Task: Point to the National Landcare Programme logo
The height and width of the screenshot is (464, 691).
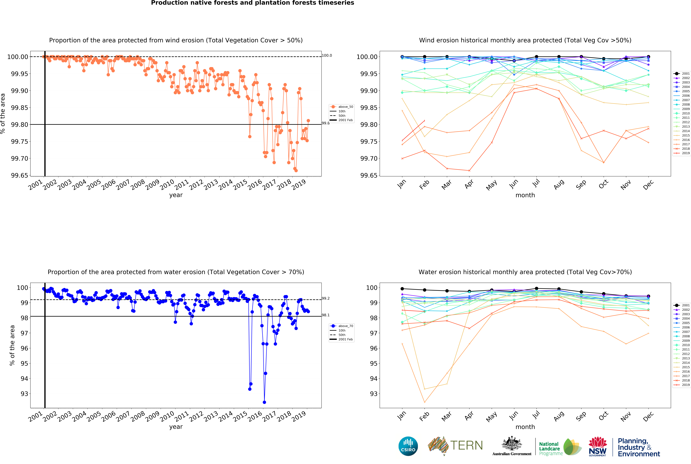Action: coord(560,447)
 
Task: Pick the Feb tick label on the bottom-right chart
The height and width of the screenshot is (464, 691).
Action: coord(424,416)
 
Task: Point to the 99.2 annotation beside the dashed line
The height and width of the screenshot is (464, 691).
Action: coord(326,298)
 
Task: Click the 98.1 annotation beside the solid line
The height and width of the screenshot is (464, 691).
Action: coord(326,315)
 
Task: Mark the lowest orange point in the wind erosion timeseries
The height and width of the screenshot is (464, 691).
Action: coord(296,170)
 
